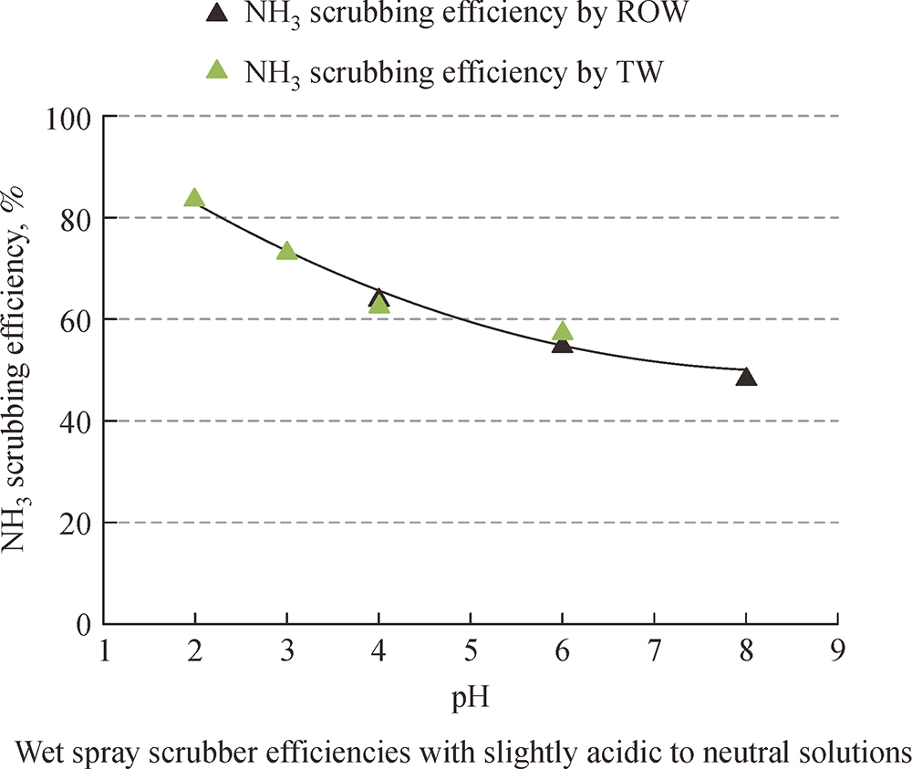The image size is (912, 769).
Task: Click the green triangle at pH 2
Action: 194,198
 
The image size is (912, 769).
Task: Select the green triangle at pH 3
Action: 286,251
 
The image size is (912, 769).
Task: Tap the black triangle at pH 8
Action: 746,377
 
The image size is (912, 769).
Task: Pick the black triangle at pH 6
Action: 563,344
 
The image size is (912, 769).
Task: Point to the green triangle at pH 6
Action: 563,331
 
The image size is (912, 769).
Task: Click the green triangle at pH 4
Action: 379,305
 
